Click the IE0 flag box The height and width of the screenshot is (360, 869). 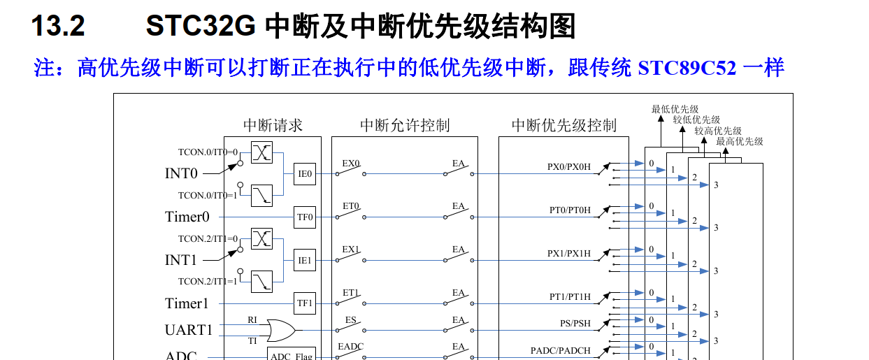point(305,174)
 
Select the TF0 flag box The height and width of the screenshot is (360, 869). point(305,217)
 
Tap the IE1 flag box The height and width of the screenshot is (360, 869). point(305,260)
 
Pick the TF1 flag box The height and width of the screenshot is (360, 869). point(305,303)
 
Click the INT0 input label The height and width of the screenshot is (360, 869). point(181,173)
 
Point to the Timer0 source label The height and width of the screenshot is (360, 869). point(187,217)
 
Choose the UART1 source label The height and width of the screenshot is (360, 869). point(189,330)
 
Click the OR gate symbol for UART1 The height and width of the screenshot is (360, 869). point(281,331)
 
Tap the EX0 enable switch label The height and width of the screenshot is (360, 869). point(351,164)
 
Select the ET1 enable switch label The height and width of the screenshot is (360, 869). point(351,292)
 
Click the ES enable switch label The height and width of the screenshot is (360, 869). point(351,320)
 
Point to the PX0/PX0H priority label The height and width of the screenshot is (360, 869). point(568,167)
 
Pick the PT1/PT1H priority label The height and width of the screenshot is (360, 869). point(570,297)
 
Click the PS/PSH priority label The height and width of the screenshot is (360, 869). point(575,324)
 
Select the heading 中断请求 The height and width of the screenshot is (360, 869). point(273,126)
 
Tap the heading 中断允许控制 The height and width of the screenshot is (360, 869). point(405,126)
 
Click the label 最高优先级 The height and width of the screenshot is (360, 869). point(740,141)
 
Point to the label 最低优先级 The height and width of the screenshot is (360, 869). point(675,109)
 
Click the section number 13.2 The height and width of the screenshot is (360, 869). point(58,26)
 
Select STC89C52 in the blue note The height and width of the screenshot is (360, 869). point(687,69)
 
